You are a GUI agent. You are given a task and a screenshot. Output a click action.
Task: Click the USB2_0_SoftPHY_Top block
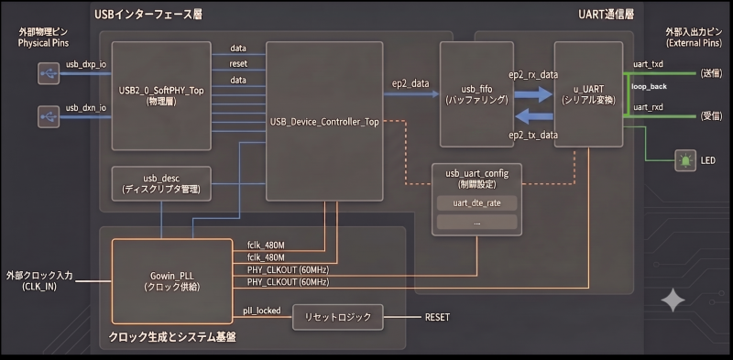(161, 96)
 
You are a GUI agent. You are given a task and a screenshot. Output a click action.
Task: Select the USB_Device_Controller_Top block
(324, 122)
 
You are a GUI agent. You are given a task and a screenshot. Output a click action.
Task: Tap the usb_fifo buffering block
(476, 94)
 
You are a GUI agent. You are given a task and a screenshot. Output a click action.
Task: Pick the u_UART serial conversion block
(588, 94)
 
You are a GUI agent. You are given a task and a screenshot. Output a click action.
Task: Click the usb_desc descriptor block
(161, 184)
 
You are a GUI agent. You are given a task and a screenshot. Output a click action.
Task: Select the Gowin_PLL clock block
(172, 281)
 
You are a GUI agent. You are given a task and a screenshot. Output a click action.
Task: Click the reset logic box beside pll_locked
(337, 318)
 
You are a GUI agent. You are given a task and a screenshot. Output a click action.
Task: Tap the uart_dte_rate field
(476, 203)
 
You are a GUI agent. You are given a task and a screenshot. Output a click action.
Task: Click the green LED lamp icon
(685, 161)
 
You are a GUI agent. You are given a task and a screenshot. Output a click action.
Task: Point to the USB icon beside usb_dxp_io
(49, 73)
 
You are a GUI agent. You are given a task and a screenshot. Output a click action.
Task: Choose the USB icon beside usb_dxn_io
(49, 117)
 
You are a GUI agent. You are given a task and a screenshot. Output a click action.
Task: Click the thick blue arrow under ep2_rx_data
(533, 94)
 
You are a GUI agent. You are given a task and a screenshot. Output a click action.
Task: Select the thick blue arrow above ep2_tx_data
(533, 115)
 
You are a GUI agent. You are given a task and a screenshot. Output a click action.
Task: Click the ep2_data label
(410, 83)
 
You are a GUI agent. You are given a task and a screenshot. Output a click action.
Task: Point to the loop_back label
(649, 87)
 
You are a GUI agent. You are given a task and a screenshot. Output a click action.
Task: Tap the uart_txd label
(648, 63)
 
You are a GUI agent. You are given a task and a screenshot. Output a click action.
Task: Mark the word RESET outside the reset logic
(437, 318)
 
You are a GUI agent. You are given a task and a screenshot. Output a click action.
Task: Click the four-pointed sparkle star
(673, 300)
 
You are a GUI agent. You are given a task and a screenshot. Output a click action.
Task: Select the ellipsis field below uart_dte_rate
(476, 222)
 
